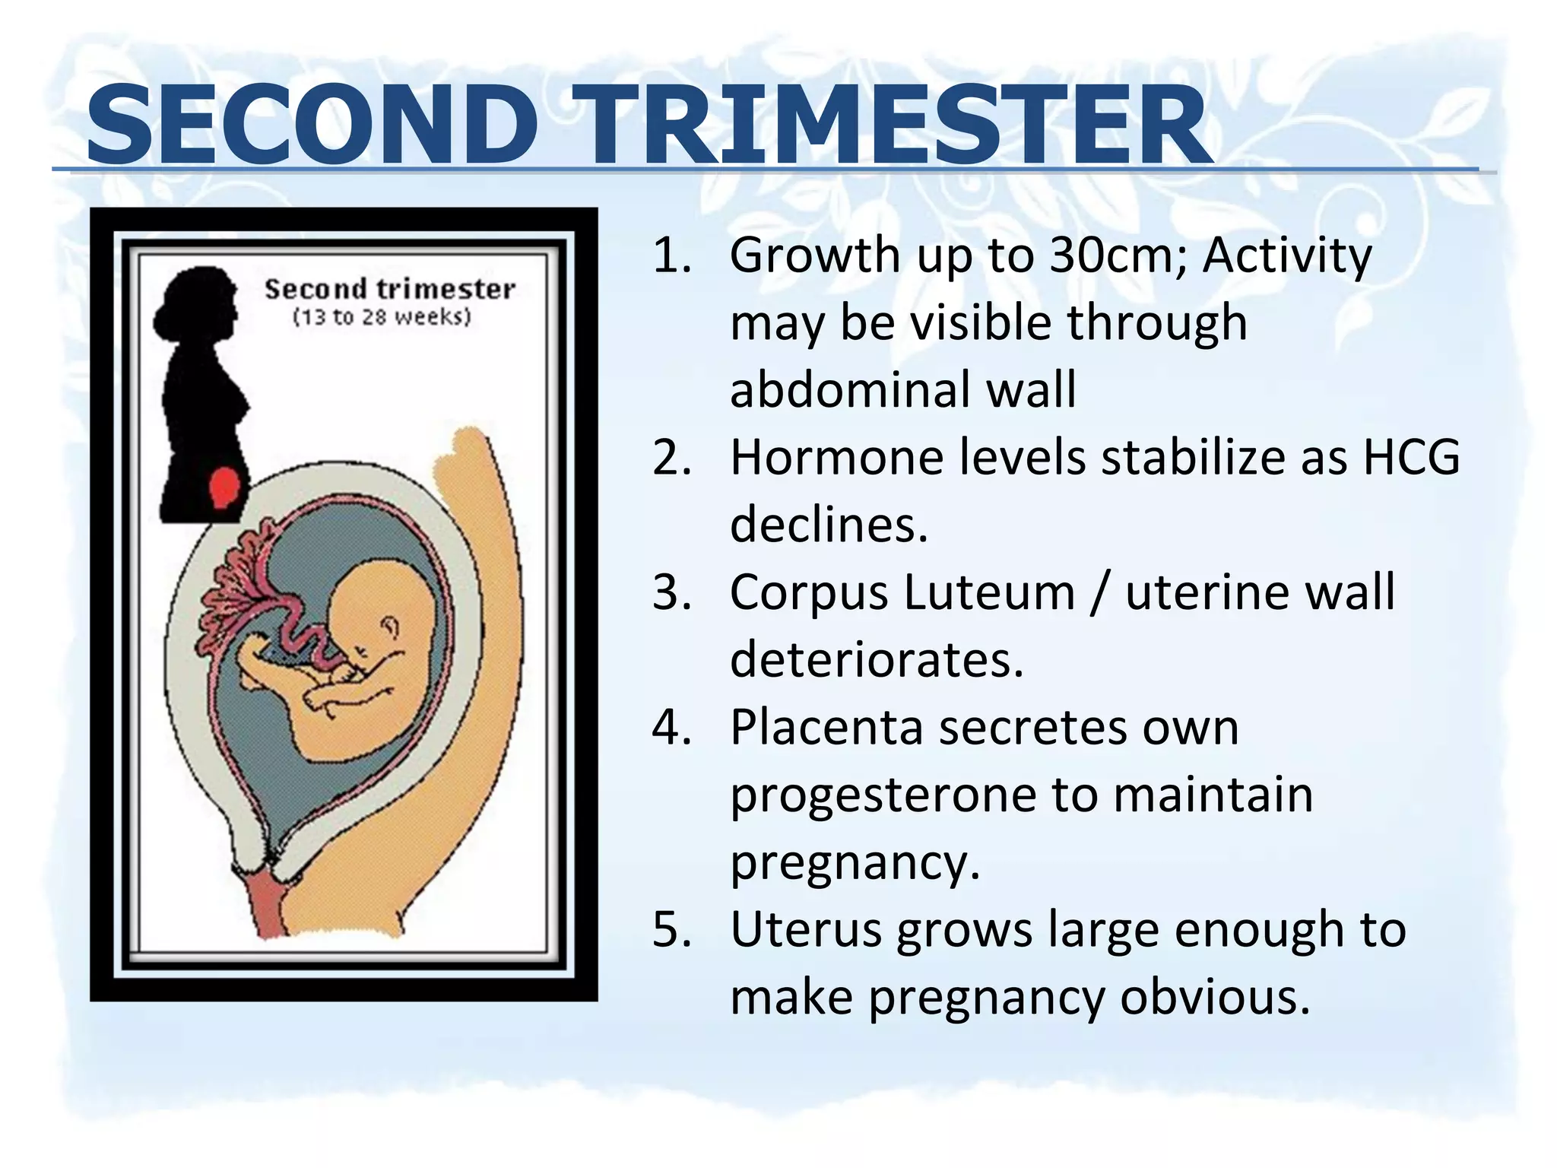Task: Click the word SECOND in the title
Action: click(312, 125)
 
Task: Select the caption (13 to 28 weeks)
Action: click(382, 317)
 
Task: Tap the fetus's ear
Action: click(391, 627)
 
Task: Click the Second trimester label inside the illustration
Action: click(389, 289)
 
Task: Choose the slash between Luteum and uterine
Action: click(1099, 592)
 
